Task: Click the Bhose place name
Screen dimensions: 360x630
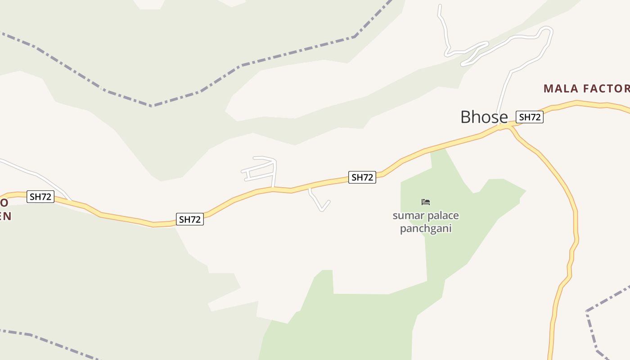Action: click(484, 117)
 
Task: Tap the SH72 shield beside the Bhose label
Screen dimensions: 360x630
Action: click(529, 117)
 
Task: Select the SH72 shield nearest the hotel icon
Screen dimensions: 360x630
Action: click(362, 177)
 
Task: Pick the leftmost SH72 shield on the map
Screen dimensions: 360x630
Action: click(40, 197)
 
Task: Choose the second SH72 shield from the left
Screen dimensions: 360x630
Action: click(189, 219)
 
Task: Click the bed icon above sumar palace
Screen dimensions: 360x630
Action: click(426, 202)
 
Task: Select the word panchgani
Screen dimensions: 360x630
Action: click(425, 229)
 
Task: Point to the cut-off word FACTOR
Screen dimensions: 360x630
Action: click(606, 89)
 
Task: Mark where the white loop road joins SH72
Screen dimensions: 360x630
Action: click(273, 188)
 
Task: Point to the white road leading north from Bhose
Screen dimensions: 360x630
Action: click(504, 94)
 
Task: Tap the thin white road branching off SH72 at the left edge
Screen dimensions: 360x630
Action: click(36, 173)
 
